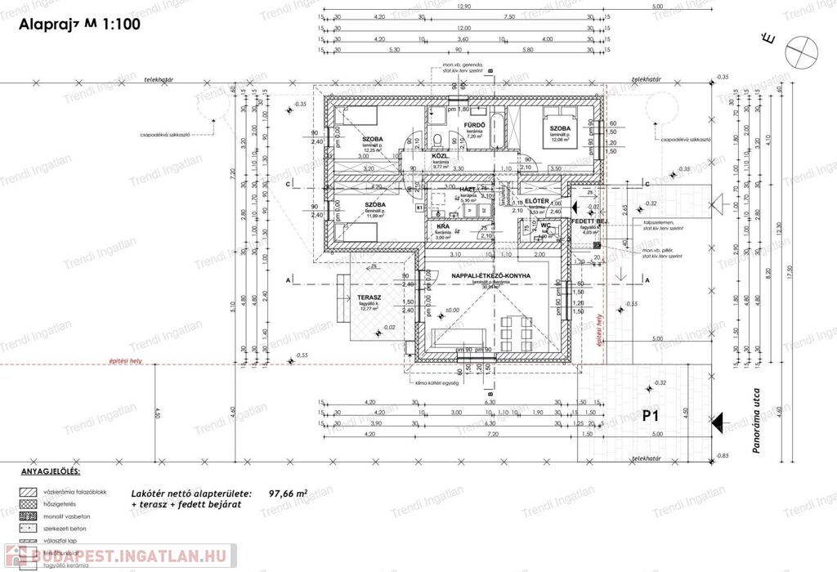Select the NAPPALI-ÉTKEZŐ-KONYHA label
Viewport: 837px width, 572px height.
point(490,276)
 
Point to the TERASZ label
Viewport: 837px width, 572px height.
point(371,297)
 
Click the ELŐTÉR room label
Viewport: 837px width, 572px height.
point(535,201)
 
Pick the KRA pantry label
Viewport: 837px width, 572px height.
point(442,227)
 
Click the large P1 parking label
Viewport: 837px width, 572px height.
point(651,417)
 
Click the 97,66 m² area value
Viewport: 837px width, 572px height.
point(288,494)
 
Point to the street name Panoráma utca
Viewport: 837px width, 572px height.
point(757,432)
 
